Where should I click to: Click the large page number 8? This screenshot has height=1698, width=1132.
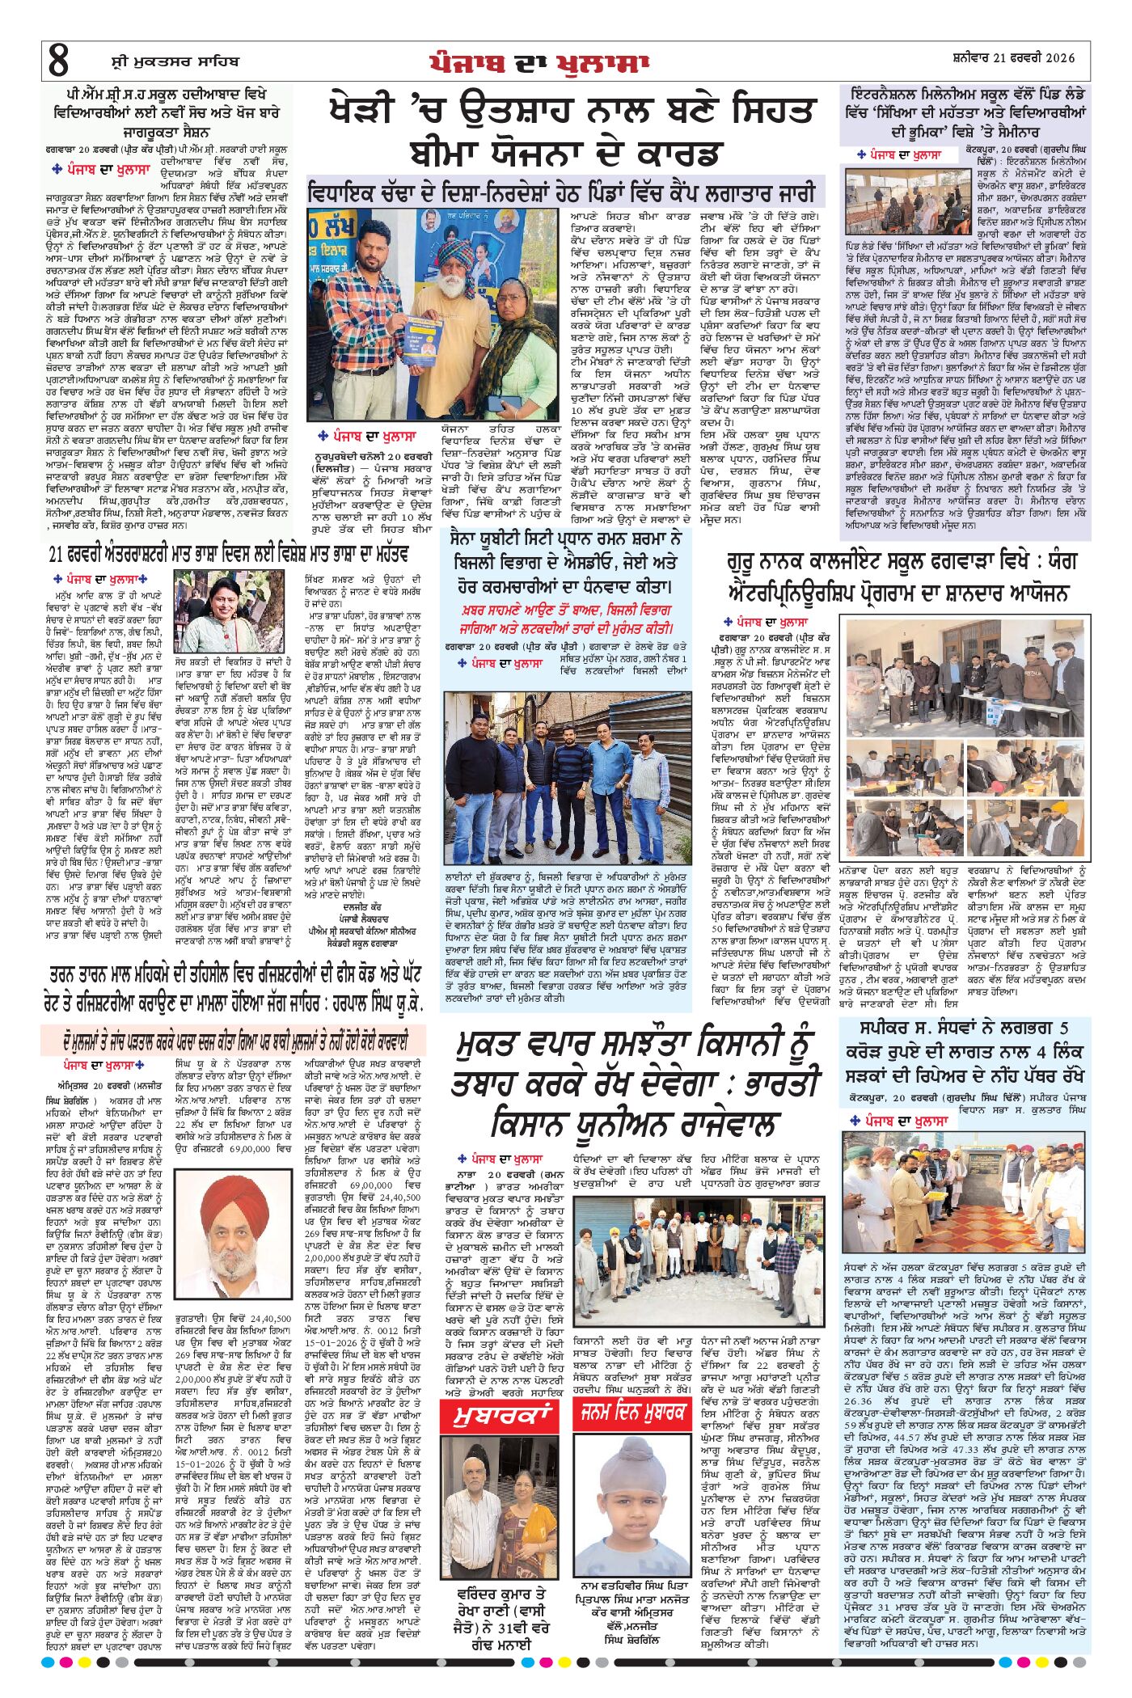[x=58, y=61]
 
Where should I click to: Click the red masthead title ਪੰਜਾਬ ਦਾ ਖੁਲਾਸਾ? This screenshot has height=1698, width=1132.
[x=539, y=62]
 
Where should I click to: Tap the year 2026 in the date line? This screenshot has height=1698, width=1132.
[x=1060, y=58]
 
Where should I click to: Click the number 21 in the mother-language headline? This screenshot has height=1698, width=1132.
[x=57, y=555]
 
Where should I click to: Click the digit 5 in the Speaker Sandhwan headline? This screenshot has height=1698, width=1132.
[x=1062, y=1029]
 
